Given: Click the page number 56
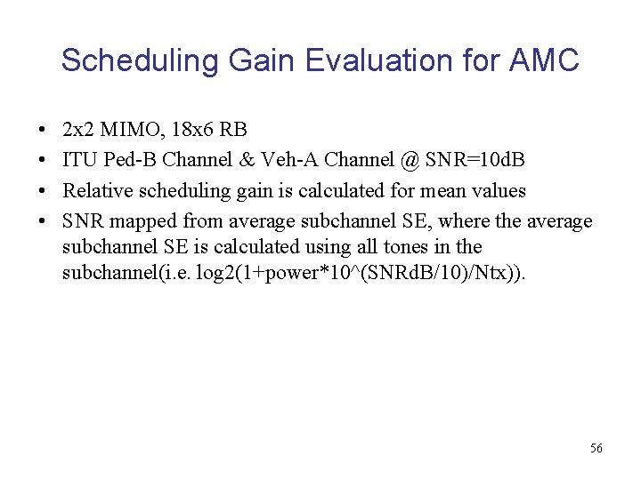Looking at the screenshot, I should (596, 448).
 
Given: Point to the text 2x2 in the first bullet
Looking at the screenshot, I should (77, 131).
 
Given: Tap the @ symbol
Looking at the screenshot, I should (410, 161).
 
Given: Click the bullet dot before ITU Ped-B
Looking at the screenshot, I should (44, 161).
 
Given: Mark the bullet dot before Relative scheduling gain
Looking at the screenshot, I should (44, 191).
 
